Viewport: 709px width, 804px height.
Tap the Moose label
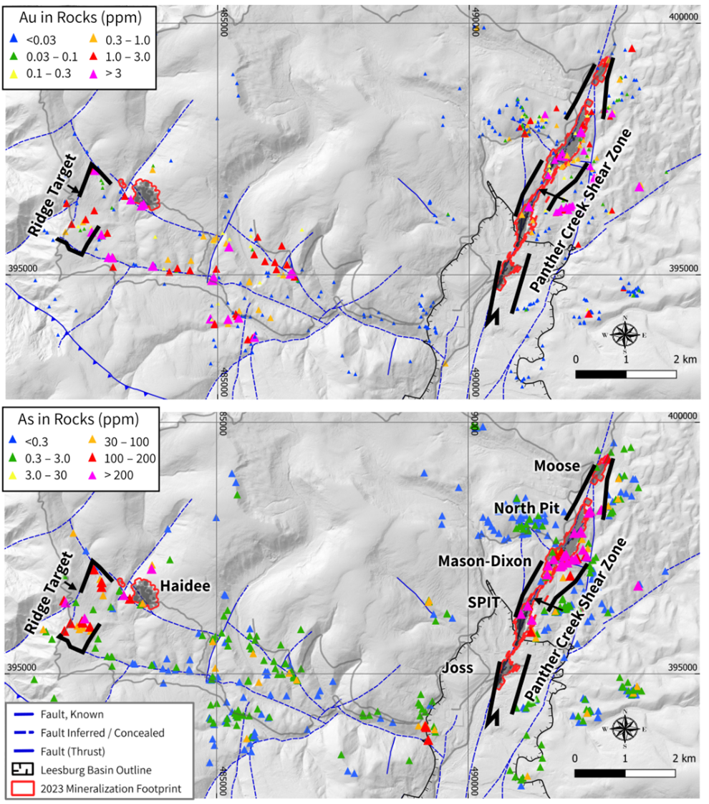point(556,466)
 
